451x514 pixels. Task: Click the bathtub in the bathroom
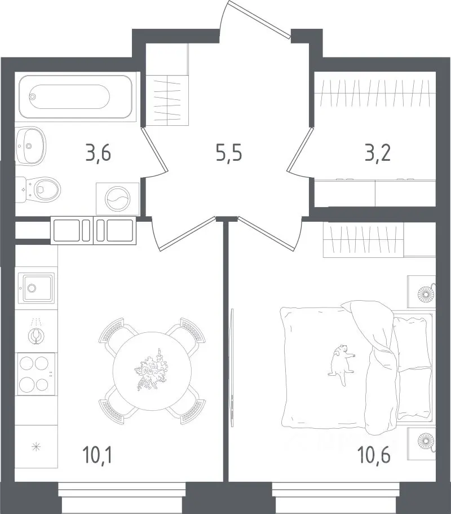pyautogui.click(x=76, y=96)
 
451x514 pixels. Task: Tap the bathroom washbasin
pyautogui.click(x=30, y=146)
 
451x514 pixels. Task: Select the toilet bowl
pyautogui.click(x=38, y=190)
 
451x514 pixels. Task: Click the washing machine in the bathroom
pyautogui.click(x=118, y=199)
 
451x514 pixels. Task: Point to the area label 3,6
pyautogui.click(x=98, y=153)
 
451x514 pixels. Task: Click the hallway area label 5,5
pyautogui.click(x=229, y=153)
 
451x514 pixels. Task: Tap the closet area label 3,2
pyautogui.click(x=378, y=153)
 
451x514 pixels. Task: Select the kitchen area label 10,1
pyautogui.click(x=98, y=456)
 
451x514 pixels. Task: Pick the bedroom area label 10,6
pyautogui.click(x=375, y=456)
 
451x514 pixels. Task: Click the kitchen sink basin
pyautogui.click(x=36, y=288)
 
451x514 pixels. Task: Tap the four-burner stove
pyautogui.click(x=36, y=374)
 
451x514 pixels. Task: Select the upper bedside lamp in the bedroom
pyautogui.click(x=426, y=293)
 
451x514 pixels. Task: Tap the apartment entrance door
pyautogui.click(x=259, y=19)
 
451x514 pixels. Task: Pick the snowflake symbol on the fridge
pyautogui.click(x=36, y=446)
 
